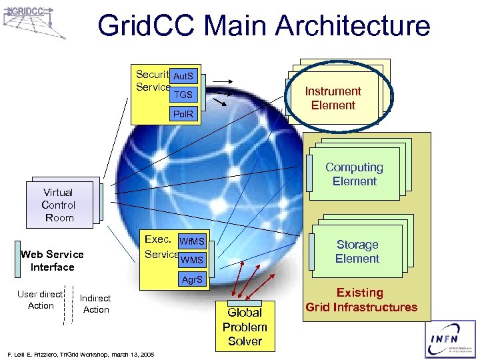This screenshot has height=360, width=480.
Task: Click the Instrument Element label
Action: (x=333, y=98)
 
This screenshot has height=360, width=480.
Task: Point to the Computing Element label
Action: (x=354, y=174)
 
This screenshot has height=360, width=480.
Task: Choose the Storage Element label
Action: (x=357, y=251)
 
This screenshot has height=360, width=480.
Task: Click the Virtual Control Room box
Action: (x=59, y=205)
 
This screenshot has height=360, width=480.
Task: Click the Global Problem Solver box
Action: (x=245, y=327)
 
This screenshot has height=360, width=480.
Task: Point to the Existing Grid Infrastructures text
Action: (x=361, y=300)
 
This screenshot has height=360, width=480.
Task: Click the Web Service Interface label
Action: (x=52, y=261)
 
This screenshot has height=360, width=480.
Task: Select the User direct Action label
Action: (x=41, y=299)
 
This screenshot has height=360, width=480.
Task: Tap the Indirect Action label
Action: (x=95, y=304)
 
